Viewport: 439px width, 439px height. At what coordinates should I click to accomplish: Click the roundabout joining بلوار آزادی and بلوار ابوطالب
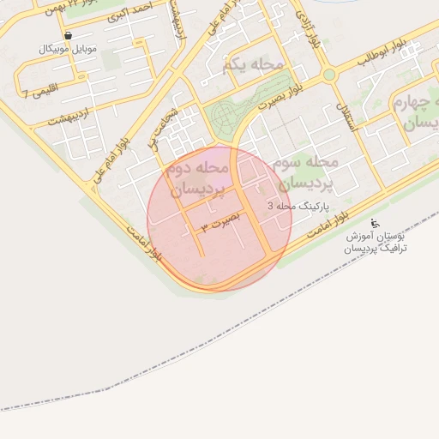click(328, 75)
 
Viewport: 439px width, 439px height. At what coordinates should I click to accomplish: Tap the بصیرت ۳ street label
click(220, 223)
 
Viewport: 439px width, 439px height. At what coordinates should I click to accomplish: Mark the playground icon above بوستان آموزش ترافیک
click(374, 222)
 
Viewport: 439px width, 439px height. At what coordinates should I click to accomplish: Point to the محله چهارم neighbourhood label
click(416, 112)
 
